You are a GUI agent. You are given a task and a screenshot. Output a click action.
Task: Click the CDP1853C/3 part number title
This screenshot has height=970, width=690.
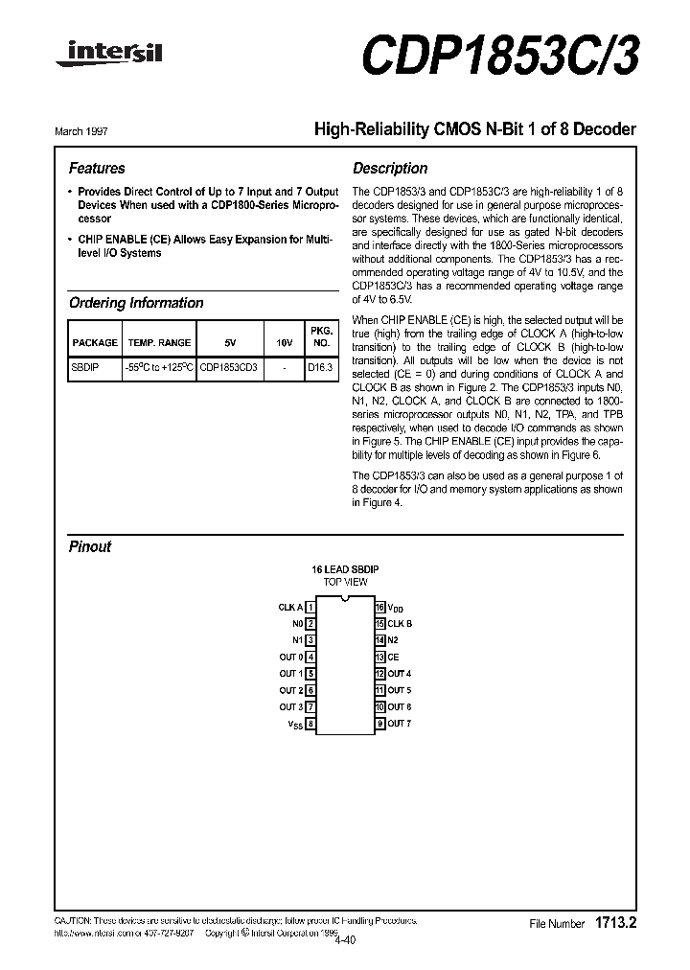[499, 55]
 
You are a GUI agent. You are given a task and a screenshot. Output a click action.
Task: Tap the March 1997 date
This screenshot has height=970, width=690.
[86, 131]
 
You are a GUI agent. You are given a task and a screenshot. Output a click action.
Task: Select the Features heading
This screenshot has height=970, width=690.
[97, 168]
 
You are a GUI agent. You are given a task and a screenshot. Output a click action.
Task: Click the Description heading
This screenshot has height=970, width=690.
[390, 168]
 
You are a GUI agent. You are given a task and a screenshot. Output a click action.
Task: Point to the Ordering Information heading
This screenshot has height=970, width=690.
[136, 303]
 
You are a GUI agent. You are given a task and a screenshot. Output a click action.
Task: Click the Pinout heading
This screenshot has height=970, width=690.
[90, 546]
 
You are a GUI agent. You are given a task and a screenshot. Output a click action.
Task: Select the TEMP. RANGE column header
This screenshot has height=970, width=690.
[160, 342]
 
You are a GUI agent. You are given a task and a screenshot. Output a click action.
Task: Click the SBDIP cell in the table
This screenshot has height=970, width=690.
[85, 366]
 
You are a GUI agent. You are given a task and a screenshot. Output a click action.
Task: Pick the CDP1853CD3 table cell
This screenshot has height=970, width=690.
[228, 366]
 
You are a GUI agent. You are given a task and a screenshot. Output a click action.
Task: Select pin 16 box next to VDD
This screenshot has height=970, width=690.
[379, 607]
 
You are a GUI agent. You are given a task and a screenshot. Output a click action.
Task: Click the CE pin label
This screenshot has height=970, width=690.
[393, 658]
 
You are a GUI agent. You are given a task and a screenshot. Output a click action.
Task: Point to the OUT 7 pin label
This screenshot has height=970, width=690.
[400, 724]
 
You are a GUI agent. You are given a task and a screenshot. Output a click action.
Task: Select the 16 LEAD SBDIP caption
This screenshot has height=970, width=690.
[345, 569]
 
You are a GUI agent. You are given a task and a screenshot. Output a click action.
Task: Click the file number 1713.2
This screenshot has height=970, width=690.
[616, 923]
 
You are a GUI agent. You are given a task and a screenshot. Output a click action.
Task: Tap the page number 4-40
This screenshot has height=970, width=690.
[345, 939]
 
